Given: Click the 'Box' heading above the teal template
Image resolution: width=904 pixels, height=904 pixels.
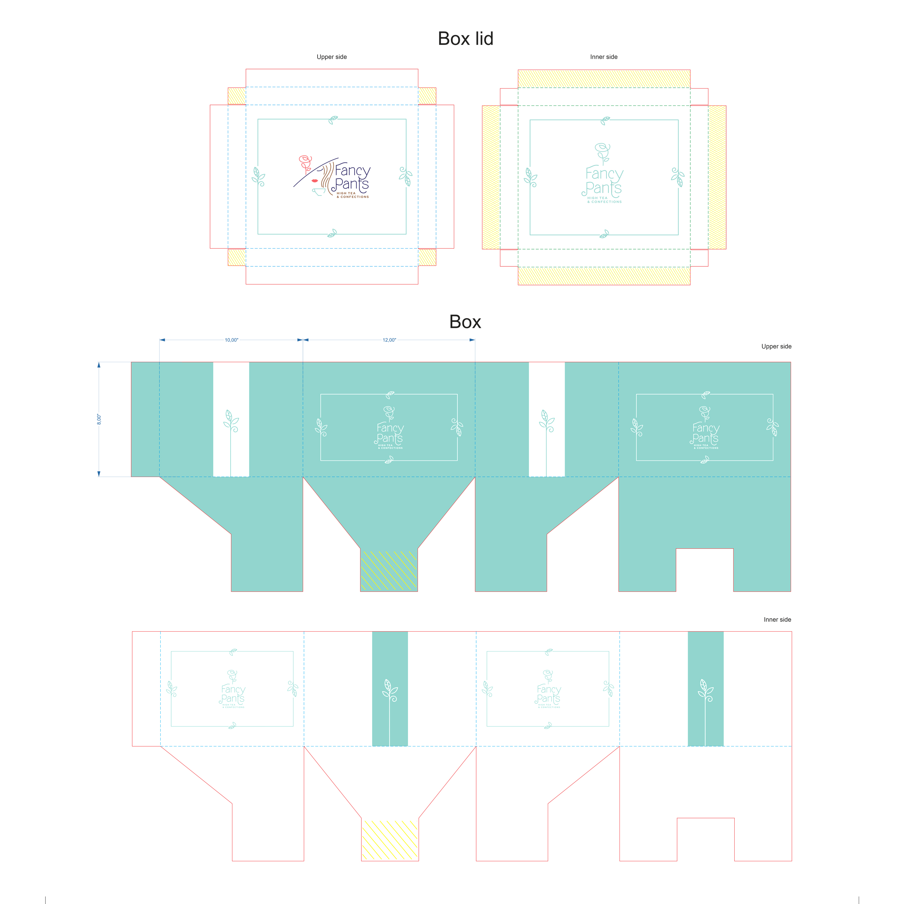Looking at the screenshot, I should (465, 322).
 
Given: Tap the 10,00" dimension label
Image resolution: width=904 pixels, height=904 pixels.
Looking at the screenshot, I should (231, 340).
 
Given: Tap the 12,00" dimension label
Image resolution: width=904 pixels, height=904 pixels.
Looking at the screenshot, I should (389, 340).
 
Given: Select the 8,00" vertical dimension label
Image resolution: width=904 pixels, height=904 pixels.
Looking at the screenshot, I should (99, 419).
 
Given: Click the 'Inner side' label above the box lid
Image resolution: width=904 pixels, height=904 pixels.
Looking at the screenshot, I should (603, 57).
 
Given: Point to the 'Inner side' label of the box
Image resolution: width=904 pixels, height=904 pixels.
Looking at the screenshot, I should (777, 620).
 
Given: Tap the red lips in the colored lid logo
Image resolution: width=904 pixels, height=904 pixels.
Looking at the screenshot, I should (314, 180).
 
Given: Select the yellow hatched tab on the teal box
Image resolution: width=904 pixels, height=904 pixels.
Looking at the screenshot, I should (388, 570).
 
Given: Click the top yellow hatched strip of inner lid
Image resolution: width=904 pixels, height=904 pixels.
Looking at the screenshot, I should (604, 79).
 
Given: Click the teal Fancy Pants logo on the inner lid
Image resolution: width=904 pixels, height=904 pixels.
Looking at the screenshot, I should (603, 175).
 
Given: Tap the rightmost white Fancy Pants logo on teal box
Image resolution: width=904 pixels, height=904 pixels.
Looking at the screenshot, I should (705, 428).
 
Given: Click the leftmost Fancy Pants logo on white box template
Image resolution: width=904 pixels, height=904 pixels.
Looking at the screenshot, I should (233, 690).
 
